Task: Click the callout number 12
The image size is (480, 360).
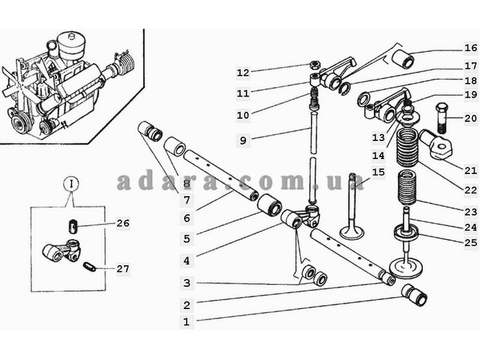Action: [243, 73]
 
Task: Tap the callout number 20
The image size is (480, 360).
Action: [470, 118]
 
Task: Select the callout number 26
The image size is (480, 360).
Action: [123, 223]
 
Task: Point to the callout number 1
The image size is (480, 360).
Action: [187, 322]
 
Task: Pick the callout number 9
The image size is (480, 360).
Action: [243, 140]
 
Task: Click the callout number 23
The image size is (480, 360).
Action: [471, 212]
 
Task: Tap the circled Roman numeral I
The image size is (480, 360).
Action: [71, 184]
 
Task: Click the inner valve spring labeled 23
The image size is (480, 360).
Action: [407, 188]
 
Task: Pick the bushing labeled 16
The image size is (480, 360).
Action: [403, 59]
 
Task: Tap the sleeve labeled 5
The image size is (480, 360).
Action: [269, 204]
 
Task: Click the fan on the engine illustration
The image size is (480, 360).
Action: [16, 82]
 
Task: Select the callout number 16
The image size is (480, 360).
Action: [471, 48]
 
